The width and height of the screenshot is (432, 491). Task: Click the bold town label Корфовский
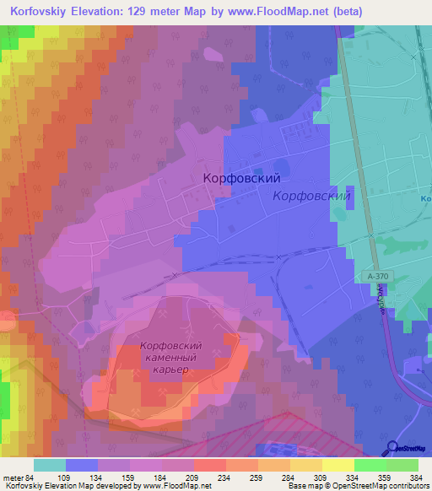coord(241,179)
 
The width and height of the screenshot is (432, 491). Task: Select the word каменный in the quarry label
coord(170,359)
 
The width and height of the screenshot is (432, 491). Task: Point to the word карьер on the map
coord(170,370)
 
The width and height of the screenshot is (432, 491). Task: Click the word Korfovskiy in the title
coord(38,11)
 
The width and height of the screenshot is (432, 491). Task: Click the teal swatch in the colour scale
coord(50,465)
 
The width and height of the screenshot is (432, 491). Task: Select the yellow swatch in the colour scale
coord(338,465)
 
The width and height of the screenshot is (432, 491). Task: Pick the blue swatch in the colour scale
coord(82,465)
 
